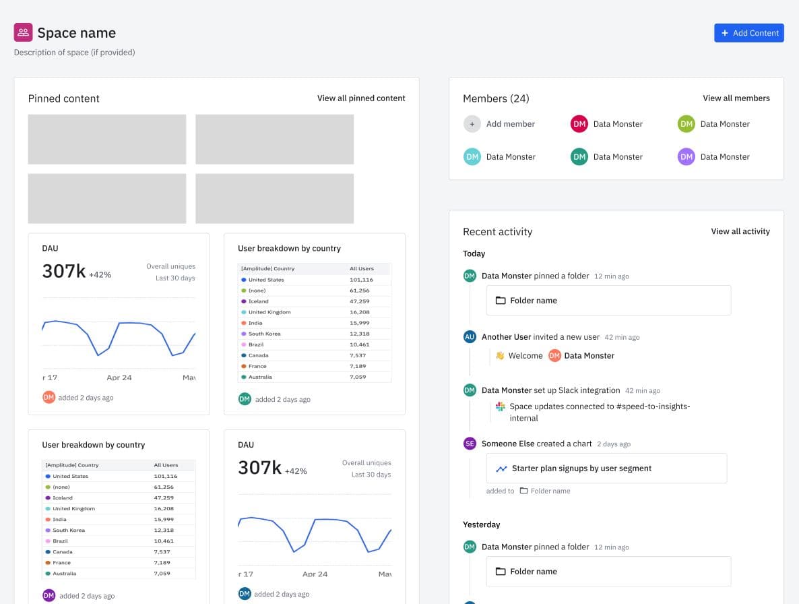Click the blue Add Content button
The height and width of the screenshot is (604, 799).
pos(748,33)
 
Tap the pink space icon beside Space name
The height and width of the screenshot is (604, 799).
pos(23,32)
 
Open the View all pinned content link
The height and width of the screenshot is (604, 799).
pos(361,98)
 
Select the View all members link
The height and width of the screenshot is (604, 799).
pos(736,98)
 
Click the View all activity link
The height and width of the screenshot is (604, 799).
pos(740,231)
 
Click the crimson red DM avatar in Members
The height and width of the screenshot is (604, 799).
pos(579,124)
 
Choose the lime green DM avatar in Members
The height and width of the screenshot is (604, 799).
pos(686,124)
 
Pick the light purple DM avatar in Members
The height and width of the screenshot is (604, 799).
pos(686,157)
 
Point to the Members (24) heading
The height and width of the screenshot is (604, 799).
pos(496,98)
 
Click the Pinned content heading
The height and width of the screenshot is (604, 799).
pos(63,98)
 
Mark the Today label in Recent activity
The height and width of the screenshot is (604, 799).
pos(474,253)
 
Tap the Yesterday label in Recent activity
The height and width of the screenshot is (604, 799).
pos(481,524)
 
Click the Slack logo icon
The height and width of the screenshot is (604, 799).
pos(500,406)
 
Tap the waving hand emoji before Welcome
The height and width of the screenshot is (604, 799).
pos(500,356)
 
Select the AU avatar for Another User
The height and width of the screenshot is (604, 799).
pos(470,337)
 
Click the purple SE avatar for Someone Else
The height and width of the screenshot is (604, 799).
pos(470,444)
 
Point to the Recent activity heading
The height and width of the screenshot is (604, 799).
pos(497,232)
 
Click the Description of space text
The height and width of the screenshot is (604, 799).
pos(74,52)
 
